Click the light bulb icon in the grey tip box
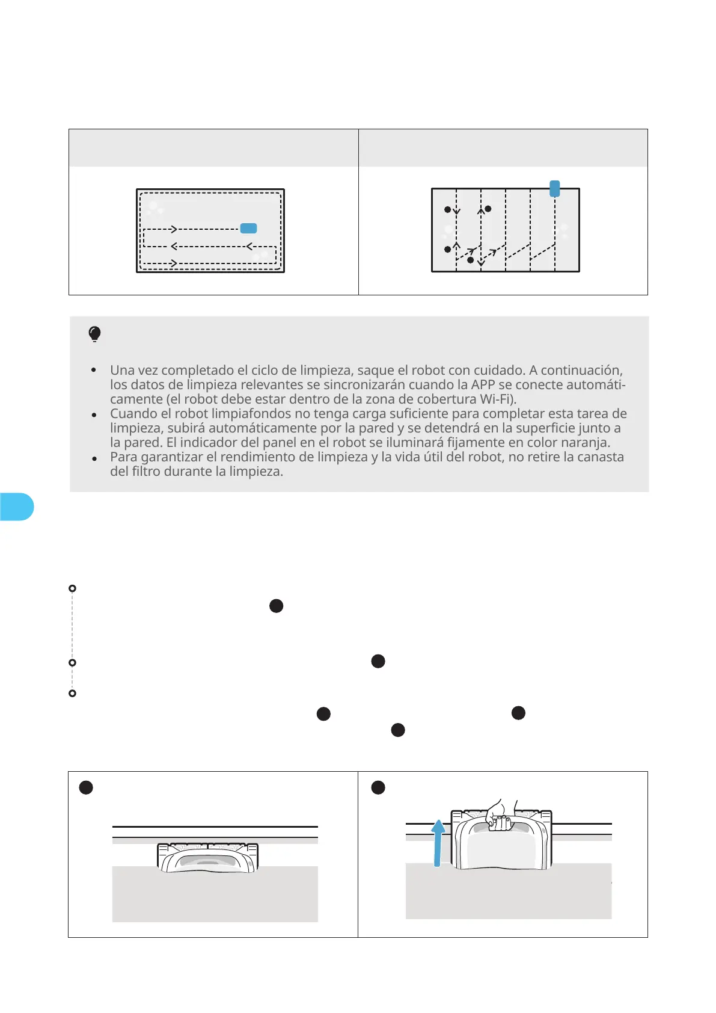(94, 334)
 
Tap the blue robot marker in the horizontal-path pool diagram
(248, 228)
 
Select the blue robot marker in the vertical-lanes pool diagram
(555, 188)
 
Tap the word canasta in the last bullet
(601, 457)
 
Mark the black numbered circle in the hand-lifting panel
(378, 787)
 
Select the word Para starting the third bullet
(124, 457)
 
